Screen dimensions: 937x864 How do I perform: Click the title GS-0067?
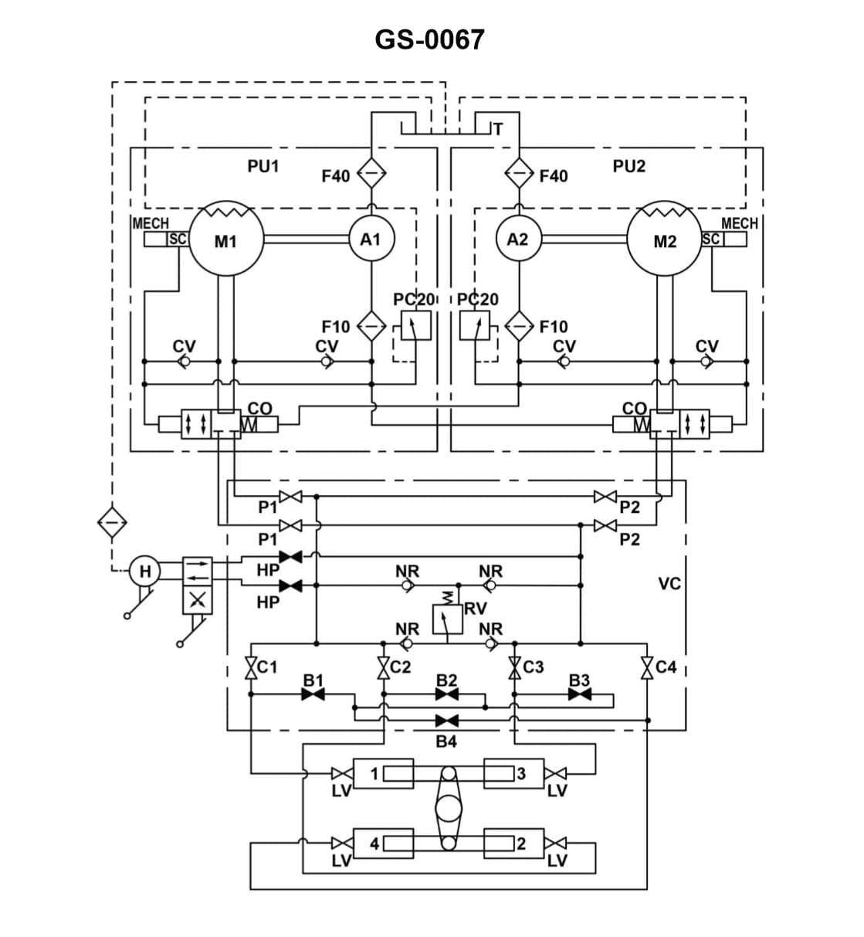(429, 39)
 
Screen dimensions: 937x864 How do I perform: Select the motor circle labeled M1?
(225, 240)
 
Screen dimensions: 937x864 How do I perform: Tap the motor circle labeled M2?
(664, 240)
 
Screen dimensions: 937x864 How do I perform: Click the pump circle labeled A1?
(371, 239)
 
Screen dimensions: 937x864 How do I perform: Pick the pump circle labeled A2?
(517, 239)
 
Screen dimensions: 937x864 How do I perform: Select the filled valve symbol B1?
(313, 694)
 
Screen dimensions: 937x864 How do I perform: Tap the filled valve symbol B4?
(446, 721)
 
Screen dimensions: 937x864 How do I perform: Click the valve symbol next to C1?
(251, 667)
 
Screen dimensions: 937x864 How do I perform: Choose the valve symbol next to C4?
(647, 667)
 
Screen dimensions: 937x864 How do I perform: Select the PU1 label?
(263, 166)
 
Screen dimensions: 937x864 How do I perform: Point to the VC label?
(669, 583)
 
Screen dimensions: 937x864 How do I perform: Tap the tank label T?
(498, 129)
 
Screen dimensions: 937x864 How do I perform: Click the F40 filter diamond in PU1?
(371, 174)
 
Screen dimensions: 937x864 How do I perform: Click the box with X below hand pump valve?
(198, 600)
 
